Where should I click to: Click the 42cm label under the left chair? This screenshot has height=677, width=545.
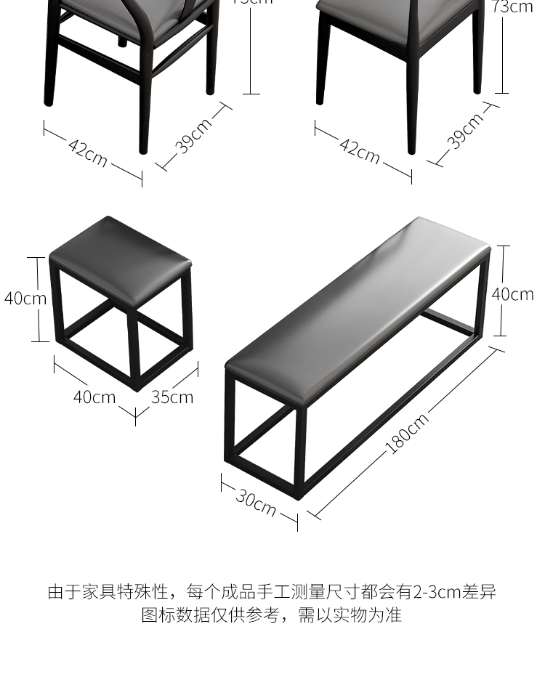(88, 151)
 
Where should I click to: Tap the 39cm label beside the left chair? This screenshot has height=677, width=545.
(194, 134)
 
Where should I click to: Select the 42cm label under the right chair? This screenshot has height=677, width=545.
(359, 150)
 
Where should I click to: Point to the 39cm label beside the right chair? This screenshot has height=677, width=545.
(465, 131)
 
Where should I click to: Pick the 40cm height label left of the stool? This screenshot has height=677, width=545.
(25, 298)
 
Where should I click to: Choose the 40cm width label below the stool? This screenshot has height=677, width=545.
(94, 397)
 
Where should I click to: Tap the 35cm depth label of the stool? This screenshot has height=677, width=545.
(172, 397)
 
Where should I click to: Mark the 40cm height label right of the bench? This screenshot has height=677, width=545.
(512, 294)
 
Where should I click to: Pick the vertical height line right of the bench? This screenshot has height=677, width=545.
(499, 291)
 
